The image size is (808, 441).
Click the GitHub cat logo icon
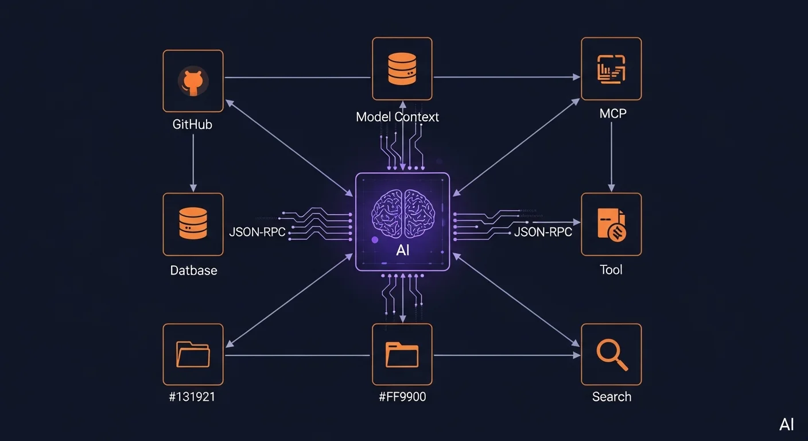pyautogui.click(x=193, y=81)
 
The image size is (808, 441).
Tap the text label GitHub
pyautogui.click(x=193, y=124)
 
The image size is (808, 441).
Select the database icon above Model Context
pyautogui.click(x=402, y=68)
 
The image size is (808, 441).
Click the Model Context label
pyautogui.click(x=397, y=117)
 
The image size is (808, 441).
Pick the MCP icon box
pyautogui.click(x=611, y=68)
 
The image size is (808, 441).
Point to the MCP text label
pyautogui.click(x=612, y=113)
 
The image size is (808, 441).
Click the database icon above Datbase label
pyautogui.click(x=193, y=224)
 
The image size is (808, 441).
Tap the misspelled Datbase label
pyautogui.click(x=193, y=270)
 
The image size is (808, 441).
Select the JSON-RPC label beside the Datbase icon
pyautogui.click(x=257, y=233)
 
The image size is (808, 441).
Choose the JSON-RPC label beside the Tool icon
pyautogui.click(x=543, y=232)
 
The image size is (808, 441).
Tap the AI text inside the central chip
pyautogui.click(x=403, y=252)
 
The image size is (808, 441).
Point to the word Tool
pyautogui.click(x=611, y=270)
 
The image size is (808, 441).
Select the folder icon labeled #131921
pyautogui.click(x=193, y=354)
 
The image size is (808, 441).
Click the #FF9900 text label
pyautogui.click(x=402, y=397)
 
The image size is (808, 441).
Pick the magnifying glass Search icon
pyautogui.click(x=611, y=354)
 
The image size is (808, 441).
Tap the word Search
pyautogui.click(x=612, y=397)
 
